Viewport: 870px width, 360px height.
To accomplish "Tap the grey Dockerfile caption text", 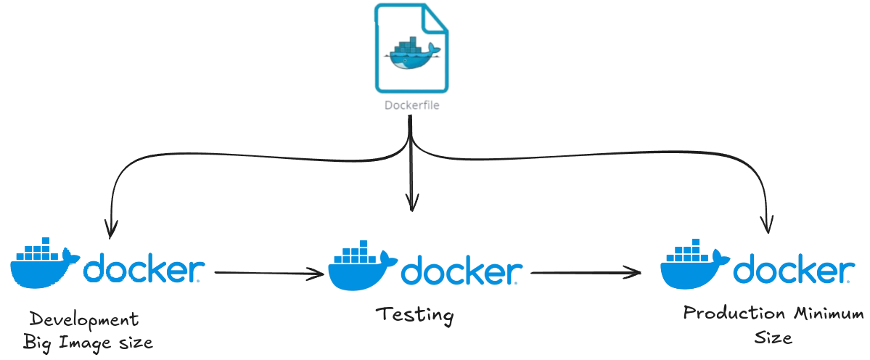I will [411, 105].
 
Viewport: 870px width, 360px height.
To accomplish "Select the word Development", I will [83, 320].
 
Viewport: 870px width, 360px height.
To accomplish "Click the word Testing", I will [414, 315].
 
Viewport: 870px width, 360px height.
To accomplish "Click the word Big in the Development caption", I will [36, 342].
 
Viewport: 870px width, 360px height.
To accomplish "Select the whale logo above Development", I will [44, 263].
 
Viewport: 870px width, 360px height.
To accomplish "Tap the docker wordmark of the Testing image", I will [461, 272].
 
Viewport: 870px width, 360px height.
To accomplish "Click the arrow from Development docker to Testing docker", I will [268, 273].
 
